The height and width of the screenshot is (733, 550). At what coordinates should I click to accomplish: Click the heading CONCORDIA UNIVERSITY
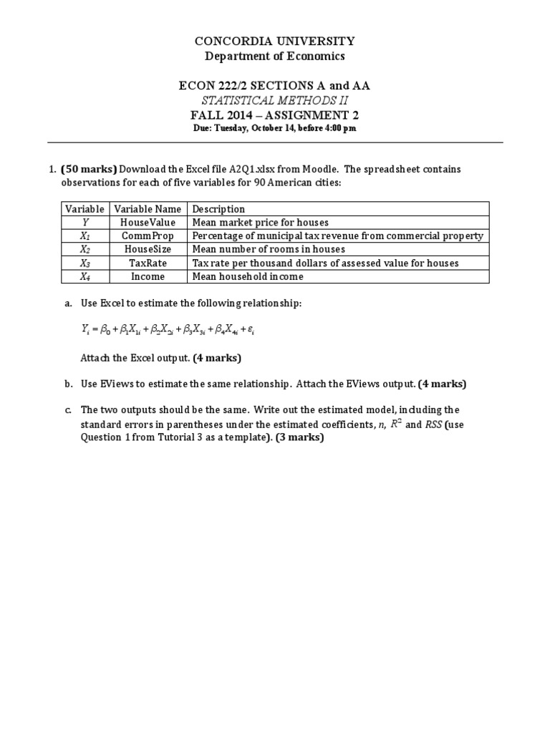pos(274,42)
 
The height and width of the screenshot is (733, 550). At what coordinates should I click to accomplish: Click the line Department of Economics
pos(274,56)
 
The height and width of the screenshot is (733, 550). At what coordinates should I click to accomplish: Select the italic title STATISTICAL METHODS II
pos(274,100)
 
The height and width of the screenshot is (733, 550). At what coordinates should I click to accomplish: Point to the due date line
pos(274,128)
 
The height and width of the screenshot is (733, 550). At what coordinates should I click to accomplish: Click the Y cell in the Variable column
pos(85,223)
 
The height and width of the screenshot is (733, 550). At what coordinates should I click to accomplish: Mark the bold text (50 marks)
pos(89,170)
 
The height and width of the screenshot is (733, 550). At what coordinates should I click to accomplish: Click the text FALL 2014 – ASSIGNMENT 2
pos(274,115)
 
